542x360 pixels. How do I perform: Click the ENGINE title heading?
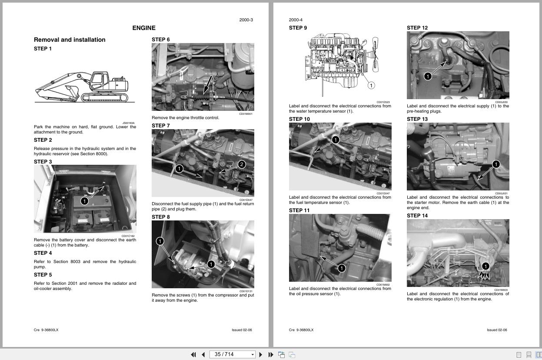tap(144, 28)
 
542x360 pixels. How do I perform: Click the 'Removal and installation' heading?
tap(70, 40)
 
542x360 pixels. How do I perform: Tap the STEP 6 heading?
tap(160, 40)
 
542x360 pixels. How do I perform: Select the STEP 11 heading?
tap(299, 210)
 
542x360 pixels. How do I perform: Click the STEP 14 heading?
tap(417, 216)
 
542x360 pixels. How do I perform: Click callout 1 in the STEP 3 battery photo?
tap(84, 201)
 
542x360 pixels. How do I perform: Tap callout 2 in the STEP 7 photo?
tap(242, 164)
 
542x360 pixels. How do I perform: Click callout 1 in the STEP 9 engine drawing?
tap(371, 86)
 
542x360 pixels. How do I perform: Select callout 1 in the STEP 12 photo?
tap(427, 77)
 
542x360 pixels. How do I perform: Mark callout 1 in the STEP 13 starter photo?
tap(496, 164)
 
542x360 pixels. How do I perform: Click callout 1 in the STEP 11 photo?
tap(341, 268)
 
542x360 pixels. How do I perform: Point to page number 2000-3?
tap(246, 20)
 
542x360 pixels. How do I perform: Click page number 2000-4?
tap(296, 20)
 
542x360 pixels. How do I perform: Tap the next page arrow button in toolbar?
tap(260, 354)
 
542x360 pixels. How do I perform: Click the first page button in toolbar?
tap(193, 354)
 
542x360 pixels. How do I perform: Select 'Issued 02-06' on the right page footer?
tap(496, 330)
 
